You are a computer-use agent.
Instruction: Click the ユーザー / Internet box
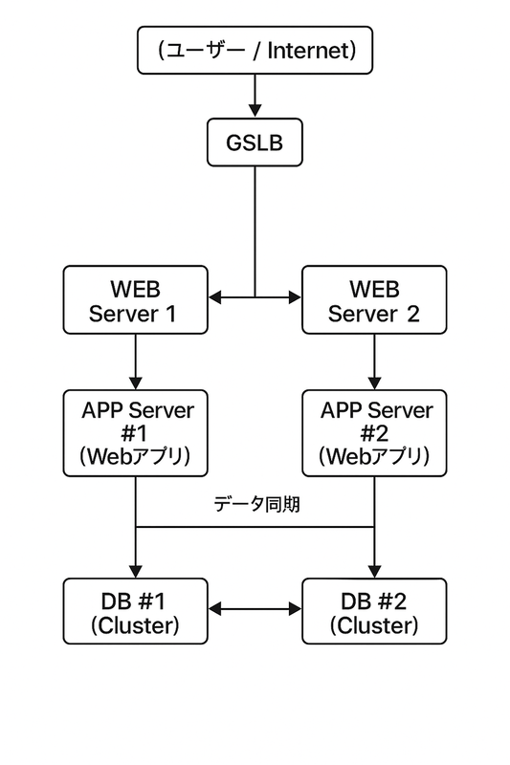click(x=255, y=51)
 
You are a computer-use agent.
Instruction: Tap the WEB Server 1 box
click(x=135, y=299)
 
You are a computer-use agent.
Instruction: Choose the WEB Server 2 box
click(x=373, y=299)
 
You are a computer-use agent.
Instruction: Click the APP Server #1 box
click(x=135, y=433)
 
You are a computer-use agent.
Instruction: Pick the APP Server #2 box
click(x=373, y=433)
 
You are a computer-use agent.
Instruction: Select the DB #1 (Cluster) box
click(x=135, y=611)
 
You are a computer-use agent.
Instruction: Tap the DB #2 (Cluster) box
click(x=373, y=611)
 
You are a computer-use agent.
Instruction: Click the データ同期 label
click(x=255, y=504)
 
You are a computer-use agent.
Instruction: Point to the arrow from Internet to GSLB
click(x=255, y=97)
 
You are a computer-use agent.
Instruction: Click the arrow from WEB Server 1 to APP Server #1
click(x=135, y=361)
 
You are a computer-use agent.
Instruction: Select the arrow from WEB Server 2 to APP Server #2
click(x=373, y=361)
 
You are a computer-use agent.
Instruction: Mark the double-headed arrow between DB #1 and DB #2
click(x=255, y=609)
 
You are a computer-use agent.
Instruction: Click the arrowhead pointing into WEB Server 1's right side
click(x=214, y=298)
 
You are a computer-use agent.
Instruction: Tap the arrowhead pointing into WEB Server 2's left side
click(x=295, y=298)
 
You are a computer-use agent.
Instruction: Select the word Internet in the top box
click(x=311, y=51)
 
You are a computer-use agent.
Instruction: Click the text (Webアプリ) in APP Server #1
click(x=135, y=456)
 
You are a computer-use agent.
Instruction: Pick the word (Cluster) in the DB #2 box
click(x=373, y=625)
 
